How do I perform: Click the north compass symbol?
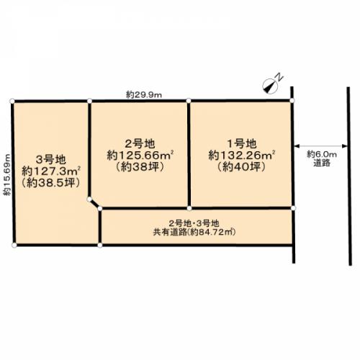[270, 86]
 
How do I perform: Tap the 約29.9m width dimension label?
[144, 95]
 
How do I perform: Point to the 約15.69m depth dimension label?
[7, 175]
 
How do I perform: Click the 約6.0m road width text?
[322, 154]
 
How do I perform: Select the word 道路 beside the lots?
[322, 163]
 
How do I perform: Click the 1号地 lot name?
[242, 144]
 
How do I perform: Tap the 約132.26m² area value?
[242, 156]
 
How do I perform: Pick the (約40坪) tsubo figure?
[242, 167]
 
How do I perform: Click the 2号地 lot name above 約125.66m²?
[140, 144]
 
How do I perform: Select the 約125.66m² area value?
[140, 156]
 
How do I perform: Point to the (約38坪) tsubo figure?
[140, 167]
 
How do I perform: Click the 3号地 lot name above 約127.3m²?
[51, 160]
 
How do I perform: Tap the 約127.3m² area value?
[51, 171]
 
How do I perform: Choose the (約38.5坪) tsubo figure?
[51, 183]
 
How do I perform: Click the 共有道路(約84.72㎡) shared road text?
[194, 232]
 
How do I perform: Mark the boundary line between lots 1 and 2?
[189, 154]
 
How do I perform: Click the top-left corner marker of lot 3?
[12, 101]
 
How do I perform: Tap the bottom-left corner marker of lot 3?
[14, 245]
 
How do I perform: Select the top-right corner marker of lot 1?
[292, 100]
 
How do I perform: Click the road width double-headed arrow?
[320, 145]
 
